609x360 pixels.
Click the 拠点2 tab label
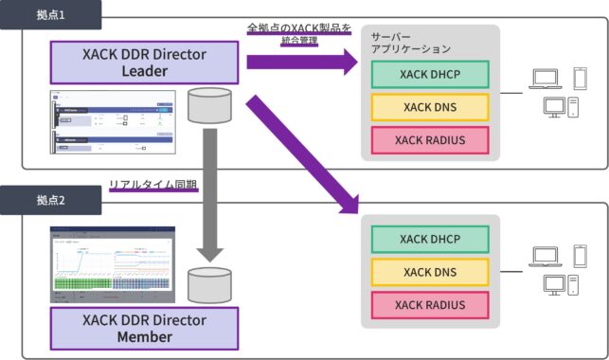pos(49,202)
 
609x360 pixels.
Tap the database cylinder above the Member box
pos(210,283)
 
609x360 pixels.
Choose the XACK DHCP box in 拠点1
pos(431,74)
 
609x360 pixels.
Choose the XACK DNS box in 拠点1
pos(431,107)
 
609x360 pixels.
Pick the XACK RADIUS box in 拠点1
pos(431,140)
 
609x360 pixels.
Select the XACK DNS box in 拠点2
pos(431,273)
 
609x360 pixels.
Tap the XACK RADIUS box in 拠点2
pos(431,304)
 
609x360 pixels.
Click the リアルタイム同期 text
pos(152,186)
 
